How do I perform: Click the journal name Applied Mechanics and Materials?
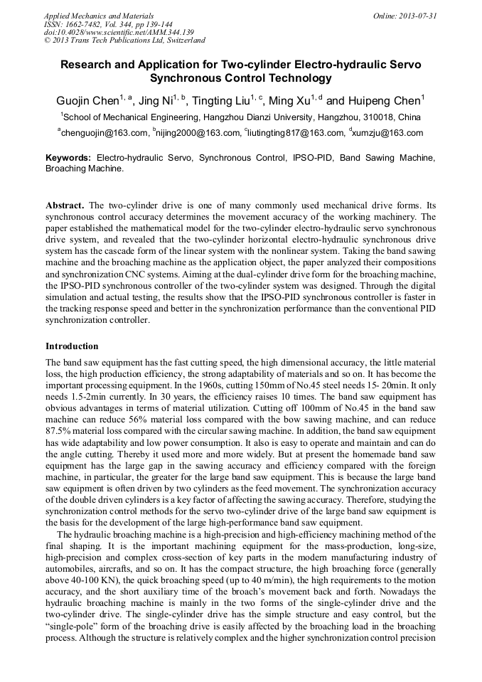click(99, 16)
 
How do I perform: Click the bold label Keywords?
click(68, 157)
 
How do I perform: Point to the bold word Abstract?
click(66, 206)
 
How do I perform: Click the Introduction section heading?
click(72, 346)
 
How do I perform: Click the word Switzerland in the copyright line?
click(183, 41)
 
